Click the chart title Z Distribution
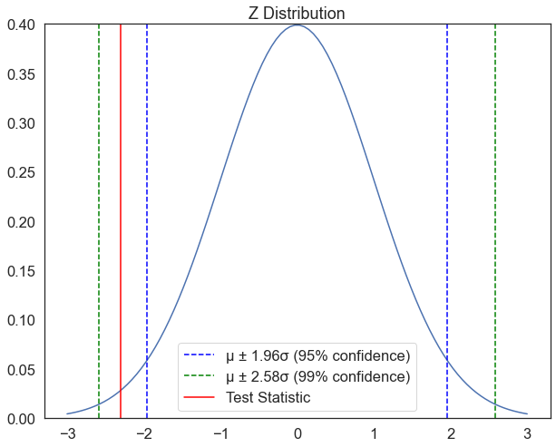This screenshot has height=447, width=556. point(298,13)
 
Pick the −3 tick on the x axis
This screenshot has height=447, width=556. point(67,433)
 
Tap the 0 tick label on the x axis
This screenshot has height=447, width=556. point(298,433)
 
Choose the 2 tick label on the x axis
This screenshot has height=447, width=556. point(451,433)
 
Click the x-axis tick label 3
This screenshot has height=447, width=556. point(527,433)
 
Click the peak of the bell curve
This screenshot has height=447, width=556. point(298,25)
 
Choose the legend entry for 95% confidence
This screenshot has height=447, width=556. point(317,355)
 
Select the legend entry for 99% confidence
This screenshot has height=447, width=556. point(317,376)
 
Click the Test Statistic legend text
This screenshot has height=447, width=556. point(268,397)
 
